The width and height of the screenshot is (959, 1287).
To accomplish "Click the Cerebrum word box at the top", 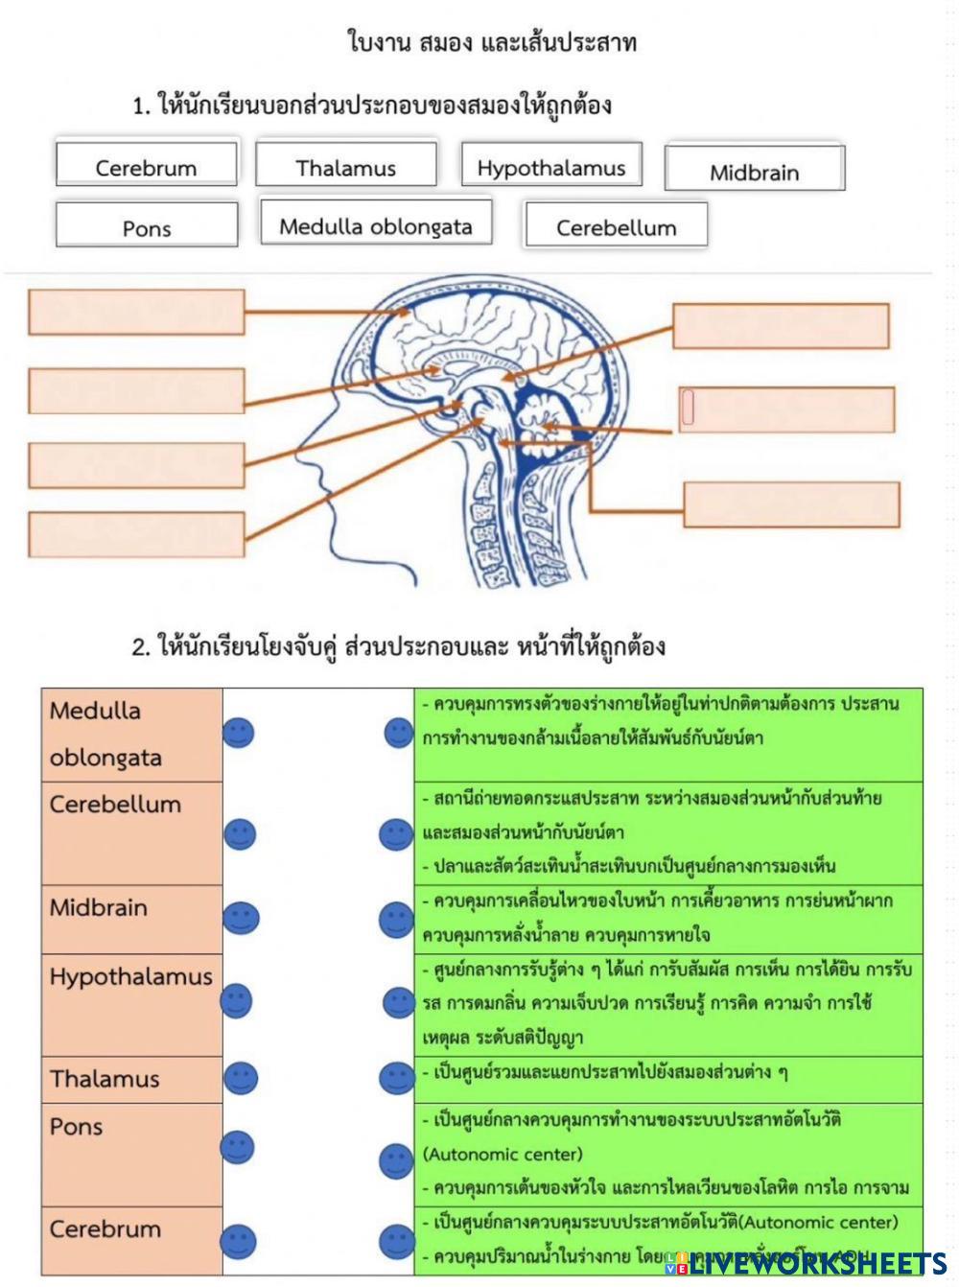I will pyautogui.click(x=146, y=165).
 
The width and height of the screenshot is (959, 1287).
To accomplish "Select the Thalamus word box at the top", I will pyautogui.click(x=345, y=165).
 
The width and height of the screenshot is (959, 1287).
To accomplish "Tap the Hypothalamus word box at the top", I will pyautogui.click(x=551, y=165).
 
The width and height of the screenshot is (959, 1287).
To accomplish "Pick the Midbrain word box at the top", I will pyautogui.click(x=754, y=169).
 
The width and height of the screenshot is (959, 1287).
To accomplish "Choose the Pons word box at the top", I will pyautogui.click(x=147, y=225).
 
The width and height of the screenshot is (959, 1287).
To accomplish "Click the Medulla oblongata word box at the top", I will pyautogui.click(x=376, y=223).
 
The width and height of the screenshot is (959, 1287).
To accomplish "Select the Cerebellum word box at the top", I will pyautogui.click(x=616, y=225).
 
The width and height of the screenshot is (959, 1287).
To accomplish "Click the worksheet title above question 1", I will pyautogui.click(x=491, y=43).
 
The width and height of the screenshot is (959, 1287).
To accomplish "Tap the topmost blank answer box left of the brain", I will pyautogui.click(x=136, y=312).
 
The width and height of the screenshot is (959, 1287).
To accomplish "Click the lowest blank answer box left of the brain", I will pyautogui.click(x=136, y=534).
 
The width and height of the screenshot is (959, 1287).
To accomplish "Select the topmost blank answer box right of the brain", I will pyautogui.click(x=781, y=326).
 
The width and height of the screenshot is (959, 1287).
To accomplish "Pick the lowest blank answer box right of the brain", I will pyautogui.click(x=791, y=504).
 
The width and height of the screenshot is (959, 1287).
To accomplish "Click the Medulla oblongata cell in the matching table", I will pyautogui.click(x=131, y=734).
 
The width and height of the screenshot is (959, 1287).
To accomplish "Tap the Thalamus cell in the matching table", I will pyautogui.click(x=131, y=1079).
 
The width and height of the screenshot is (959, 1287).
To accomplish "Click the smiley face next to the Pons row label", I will pyautogui.click(x=238, y=1147).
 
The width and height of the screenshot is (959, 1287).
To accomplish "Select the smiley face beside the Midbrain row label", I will pyautogui.click(x=240, y=918).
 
